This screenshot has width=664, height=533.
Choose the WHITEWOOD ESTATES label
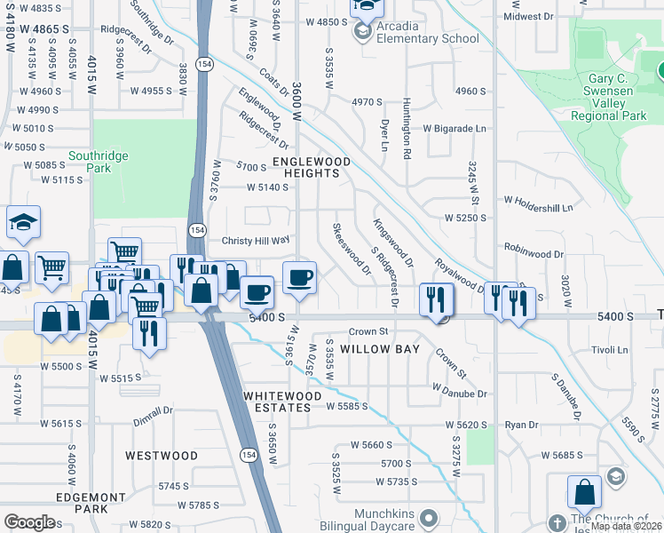click(x=279, y=401)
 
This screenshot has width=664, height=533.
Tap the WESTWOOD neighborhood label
click(x=162, y=456)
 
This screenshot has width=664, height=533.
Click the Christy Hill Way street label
click(x=256, y=240)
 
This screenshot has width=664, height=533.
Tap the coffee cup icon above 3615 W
click(x=299, y=277)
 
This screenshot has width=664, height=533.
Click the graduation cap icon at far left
click(x=23, y=222)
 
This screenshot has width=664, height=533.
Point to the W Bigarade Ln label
click(x=455, y=129)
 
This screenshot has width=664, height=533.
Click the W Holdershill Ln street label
click(x=538, y=208)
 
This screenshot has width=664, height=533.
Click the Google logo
click(x=29, y=522)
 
